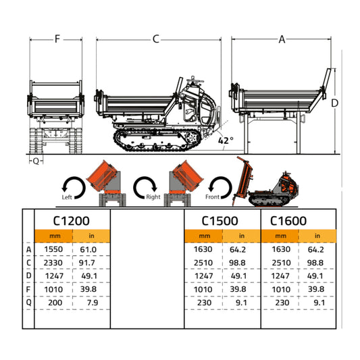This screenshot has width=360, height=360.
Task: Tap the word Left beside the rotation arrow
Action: (x=66, y=198)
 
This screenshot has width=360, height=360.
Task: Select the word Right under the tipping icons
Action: (x=153, y=198)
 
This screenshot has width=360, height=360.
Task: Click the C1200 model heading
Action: (x=71, y=220)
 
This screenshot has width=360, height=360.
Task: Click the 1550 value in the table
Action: (x=53, y=249)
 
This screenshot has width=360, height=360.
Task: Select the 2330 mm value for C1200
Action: (x=53, y=262)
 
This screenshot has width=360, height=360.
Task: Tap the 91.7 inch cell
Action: (x=88, y=262)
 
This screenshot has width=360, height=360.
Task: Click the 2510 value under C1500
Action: (x=204, y=262)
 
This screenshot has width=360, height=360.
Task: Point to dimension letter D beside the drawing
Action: (x=334, y=103)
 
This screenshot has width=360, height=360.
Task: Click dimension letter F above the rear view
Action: (x=57, y=39)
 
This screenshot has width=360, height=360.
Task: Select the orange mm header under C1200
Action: (x=53, y=236)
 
